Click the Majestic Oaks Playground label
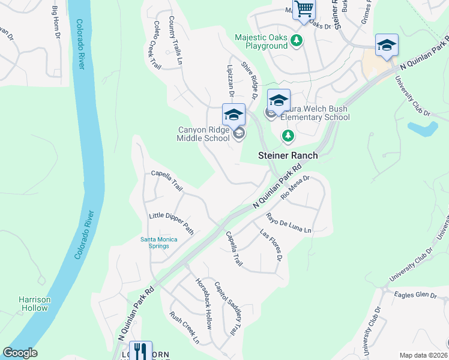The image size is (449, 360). (261, 41)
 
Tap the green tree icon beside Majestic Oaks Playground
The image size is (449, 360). (296, 41)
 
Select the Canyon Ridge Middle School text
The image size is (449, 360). (203, 134)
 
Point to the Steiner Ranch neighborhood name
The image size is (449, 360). (288, 155)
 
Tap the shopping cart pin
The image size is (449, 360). (304, 10)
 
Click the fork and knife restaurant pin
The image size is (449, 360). (140, 351)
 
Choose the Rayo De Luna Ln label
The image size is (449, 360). (289, 224)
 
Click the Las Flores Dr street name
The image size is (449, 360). (271, 245)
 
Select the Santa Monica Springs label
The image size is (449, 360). (159, 242)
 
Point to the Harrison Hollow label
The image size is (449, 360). (33, 304)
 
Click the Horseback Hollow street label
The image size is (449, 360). (203, 304)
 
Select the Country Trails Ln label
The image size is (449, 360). (175, 40)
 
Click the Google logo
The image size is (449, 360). (20, 353)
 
